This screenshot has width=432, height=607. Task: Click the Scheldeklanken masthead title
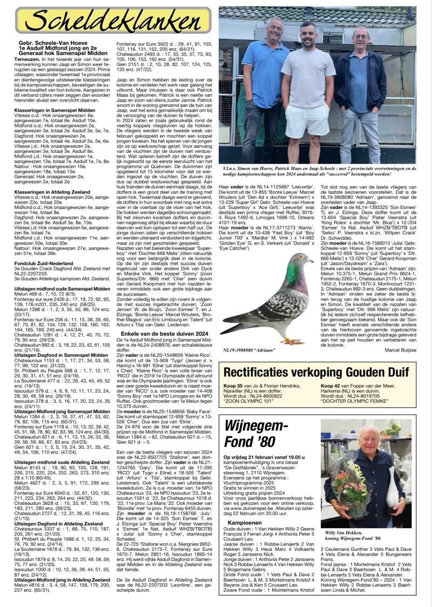113,21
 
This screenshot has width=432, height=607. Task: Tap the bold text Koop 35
233,386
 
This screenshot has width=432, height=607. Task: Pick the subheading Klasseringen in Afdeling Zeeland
56,192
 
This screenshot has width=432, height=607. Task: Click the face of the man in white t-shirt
307,36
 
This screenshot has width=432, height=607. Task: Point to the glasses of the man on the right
361,36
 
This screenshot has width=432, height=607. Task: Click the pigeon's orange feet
294,341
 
